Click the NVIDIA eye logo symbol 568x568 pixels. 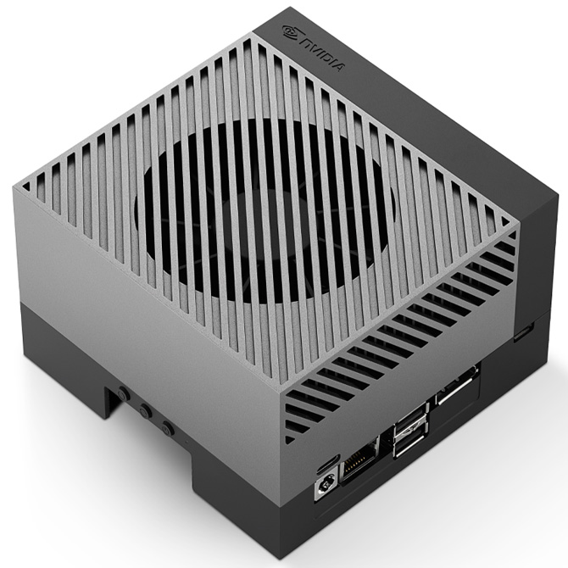pos(290,34)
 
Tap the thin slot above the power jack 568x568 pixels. pos(326,465)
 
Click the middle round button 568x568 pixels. pos(147,410)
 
